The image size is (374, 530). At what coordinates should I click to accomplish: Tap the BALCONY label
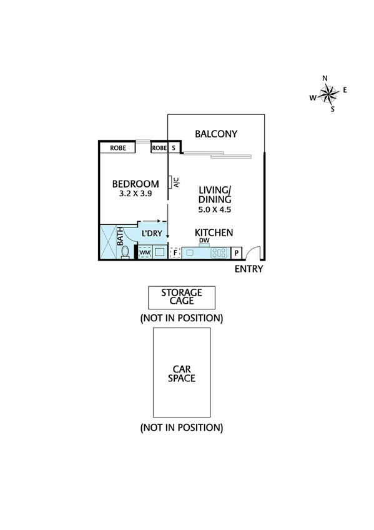tap(215, 134)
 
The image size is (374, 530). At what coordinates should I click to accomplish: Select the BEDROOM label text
tap(135, 184)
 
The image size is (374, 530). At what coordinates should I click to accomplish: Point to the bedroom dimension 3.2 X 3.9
tap(135, 194)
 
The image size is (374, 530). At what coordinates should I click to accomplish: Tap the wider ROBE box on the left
tap(119, 148)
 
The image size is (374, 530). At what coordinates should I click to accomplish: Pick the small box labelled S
tap(174, 148)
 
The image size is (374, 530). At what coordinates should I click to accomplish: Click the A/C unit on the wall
tap(170, 183)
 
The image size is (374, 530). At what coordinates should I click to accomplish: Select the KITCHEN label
tap(215, 232)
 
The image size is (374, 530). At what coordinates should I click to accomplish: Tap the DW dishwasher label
tap(204, 241)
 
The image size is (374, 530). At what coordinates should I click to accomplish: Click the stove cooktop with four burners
tap(220, 253)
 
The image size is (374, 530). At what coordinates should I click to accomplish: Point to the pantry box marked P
tap(237, 253)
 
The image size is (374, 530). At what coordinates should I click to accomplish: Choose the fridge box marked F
tap(175, 253)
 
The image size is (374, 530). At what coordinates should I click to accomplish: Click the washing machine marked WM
tap(144, 252)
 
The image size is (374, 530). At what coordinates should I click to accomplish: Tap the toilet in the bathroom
tap(125, 251)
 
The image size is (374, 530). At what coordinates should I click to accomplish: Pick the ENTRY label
tap(249, 269)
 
